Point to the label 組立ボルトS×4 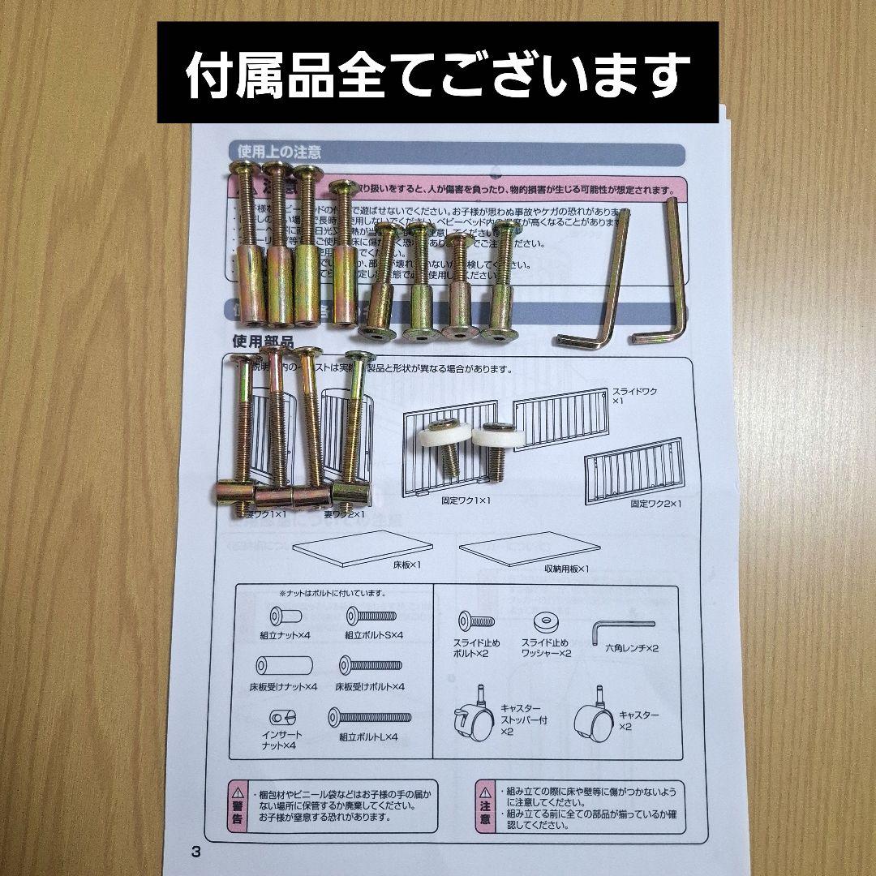coord(374,637)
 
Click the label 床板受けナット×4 coord(283,687)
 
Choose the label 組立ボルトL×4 coord(369,737)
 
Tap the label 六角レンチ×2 coord(632,649)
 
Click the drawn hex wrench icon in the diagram coord(621,626)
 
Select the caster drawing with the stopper coord(473,718)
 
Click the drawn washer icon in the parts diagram coord(546,623)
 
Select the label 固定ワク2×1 coord(656,504)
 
